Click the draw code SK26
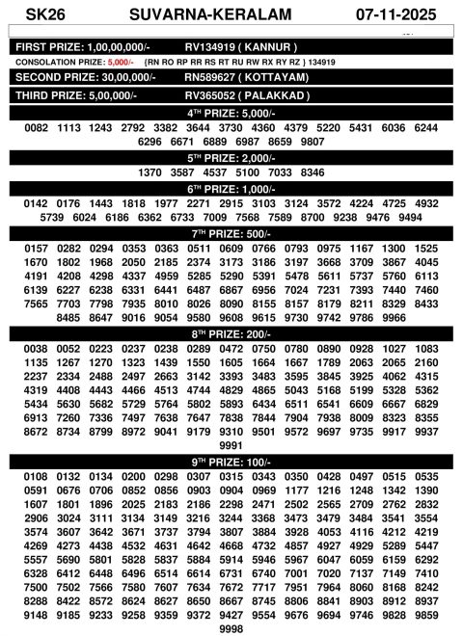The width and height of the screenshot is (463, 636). pos(39,14)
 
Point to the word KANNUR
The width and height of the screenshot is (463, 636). pos(268,46)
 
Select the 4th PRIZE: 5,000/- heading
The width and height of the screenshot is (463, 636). pos(231,113)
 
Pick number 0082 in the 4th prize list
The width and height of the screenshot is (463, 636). pos(37,128)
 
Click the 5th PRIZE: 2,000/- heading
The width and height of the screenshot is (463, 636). pos(231,157)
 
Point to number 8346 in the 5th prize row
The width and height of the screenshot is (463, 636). pos(313,172)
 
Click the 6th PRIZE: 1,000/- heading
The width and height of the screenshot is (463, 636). pos(231,189)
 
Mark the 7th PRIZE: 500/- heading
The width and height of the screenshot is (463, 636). pos(231,233)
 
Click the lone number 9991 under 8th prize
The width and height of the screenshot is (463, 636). pos(231,446)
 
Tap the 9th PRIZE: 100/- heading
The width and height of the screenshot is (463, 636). pos(231,462)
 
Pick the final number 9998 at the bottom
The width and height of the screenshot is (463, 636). pos(231,628)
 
